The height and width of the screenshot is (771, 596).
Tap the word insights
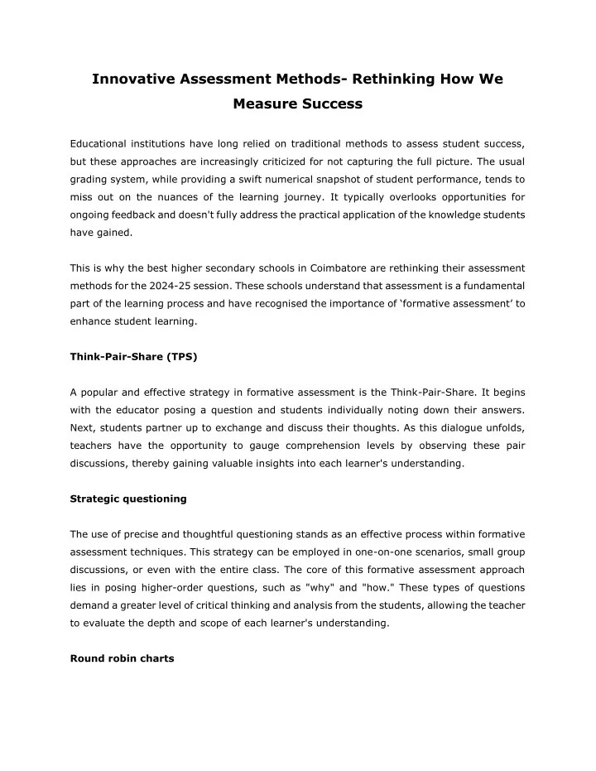point(282,465)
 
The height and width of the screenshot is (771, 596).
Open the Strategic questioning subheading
point(128,499)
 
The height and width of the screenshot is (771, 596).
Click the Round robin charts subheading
point(122,659)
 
